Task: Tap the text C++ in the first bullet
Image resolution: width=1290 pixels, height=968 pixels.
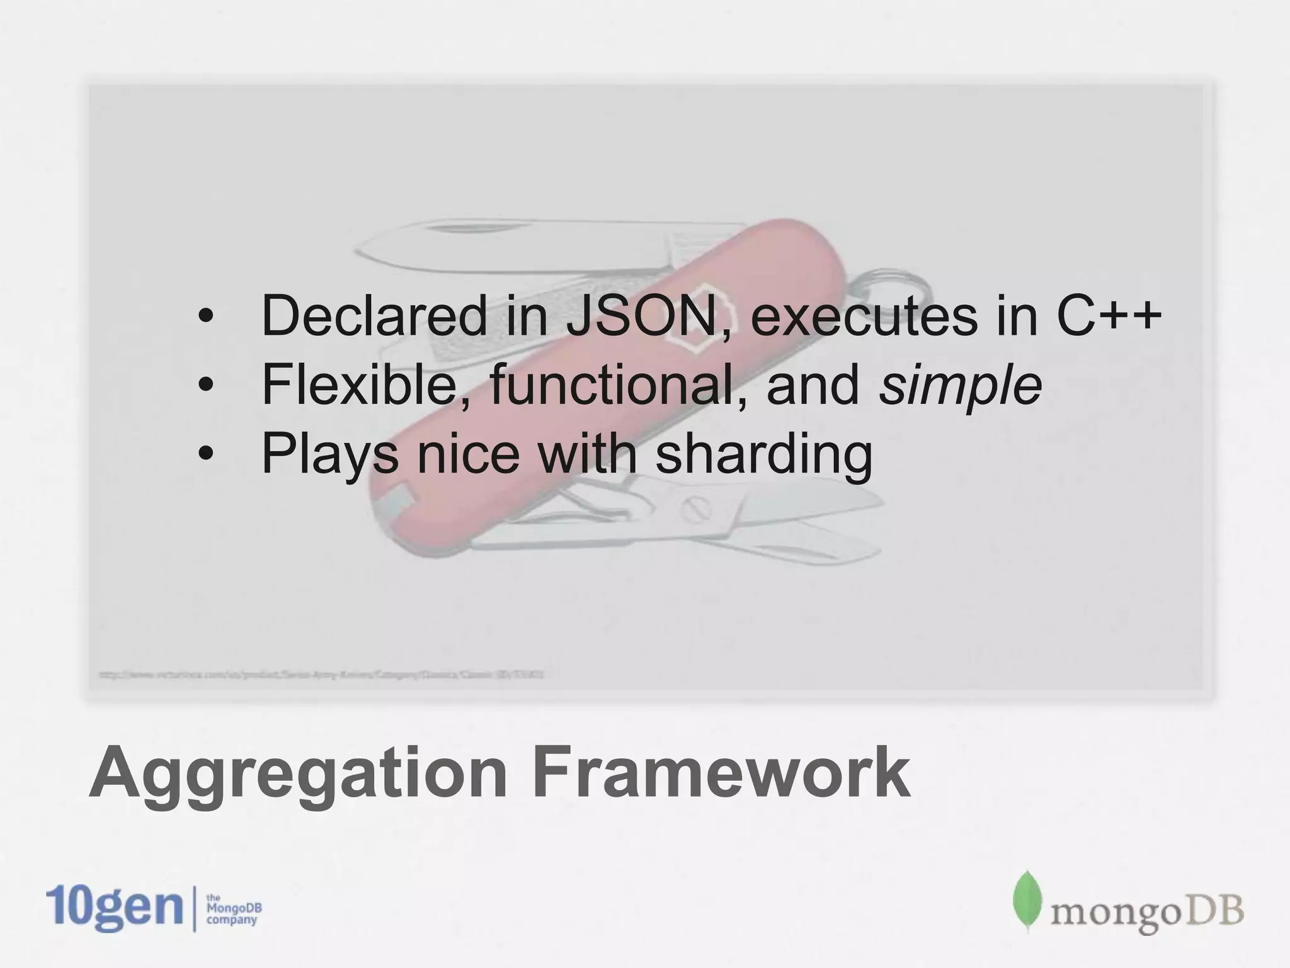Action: (x=1107, y=316)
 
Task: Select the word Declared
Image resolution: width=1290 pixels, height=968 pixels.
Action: (x=374, y=316)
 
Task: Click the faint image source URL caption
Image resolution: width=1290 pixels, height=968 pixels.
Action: (x=321, y=675)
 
